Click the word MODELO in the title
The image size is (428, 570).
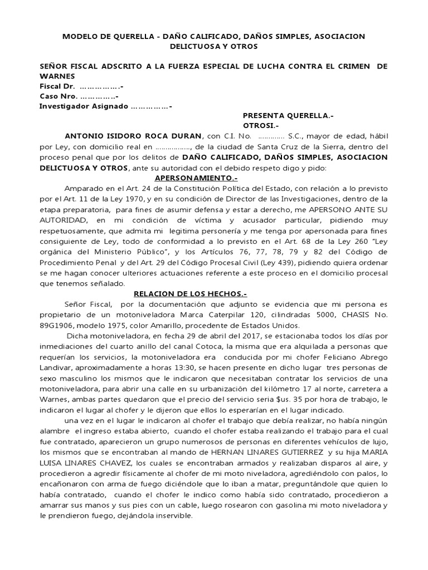(80, 36)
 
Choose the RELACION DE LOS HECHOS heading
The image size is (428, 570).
(186, 294)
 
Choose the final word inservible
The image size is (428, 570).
(174, 515)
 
